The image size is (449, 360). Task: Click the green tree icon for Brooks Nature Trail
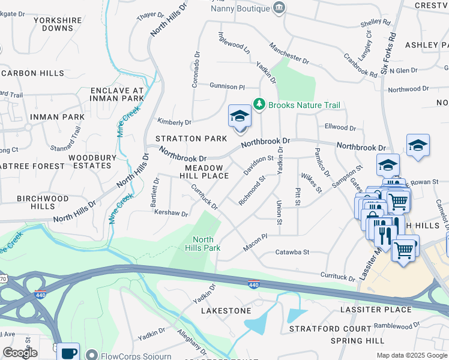tap(259, 104)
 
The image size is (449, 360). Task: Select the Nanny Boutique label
tap(239, 8)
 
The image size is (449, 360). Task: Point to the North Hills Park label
tap(202, 244)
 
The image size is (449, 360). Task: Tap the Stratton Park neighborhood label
tap(191, 139)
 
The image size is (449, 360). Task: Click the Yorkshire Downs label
tap(58, 24)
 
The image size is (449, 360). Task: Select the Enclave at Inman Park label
tap(117, 94)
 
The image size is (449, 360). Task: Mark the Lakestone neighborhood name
tap(226, 311)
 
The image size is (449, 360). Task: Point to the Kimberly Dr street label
tap(174, 122)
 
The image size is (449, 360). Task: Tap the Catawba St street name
tap(292, 253)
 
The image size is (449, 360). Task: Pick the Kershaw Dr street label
tap(171, 212)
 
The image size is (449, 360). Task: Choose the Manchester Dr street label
tap(289, 53)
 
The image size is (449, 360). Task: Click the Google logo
tap(20, 353)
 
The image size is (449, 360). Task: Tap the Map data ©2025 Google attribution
tap(411, 355)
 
